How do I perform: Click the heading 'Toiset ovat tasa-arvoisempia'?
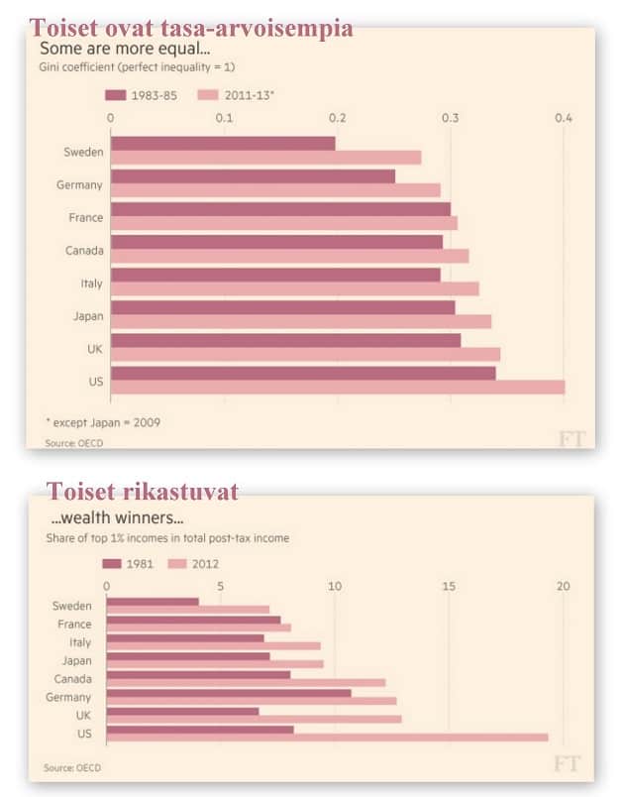(x=191, y=28)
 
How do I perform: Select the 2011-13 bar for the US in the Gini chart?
(x=337, y=387)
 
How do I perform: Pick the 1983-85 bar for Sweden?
(x=223, y=143)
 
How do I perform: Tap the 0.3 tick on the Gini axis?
(x=451, y=119)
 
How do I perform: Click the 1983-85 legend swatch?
(x=115, y=95)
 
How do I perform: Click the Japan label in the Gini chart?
(x=84, y=315)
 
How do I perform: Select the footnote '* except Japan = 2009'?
(x=102, y=421)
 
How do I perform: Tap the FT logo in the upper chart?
(x=572, y=438)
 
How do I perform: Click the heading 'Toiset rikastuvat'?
(x=143, y=491)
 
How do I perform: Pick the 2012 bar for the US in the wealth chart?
(x=327, y=737)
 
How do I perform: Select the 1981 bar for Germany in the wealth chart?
(x=228, y=693)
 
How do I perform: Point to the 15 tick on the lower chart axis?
(x=450, y=587)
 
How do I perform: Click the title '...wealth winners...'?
(x=117, y=517)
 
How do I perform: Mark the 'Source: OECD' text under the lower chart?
(x=72, y=767)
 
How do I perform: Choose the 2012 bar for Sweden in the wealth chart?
(x=187, y=610)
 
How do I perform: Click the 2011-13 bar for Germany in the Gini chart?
(x=275, y=189)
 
